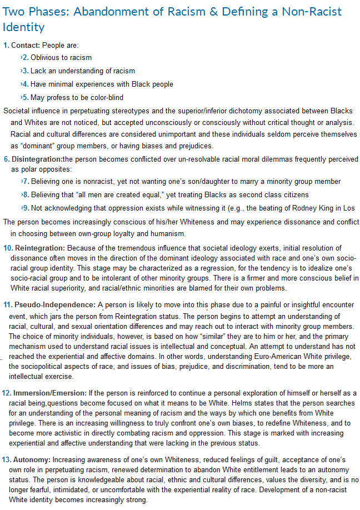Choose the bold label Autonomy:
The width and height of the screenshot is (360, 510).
33,461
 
